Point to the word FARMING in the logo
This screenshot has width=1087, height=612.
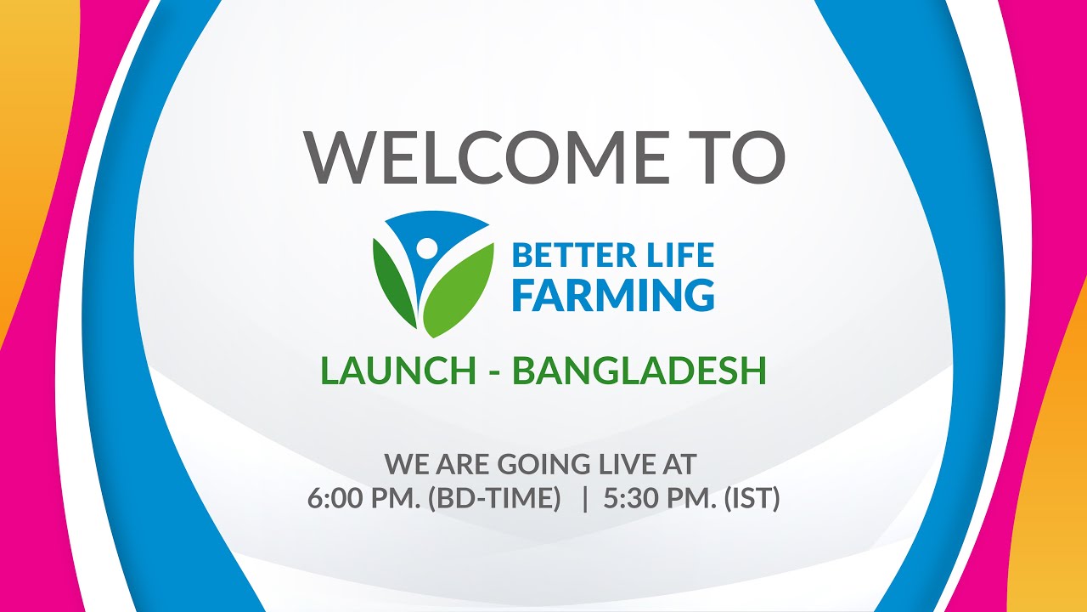(x=614, y=294)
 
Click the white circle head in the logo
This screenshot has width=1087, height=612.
(x=426, y=247)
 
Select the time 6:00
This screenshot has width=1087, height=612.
(x=335, y=498)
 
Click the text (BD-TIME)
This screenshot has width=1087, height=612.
(x=494, y=498)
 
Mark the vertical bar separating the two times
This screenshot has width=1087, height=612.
(x=585, y=498)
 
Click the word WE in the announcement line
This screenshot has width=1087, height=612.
(x=403, y=464)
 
